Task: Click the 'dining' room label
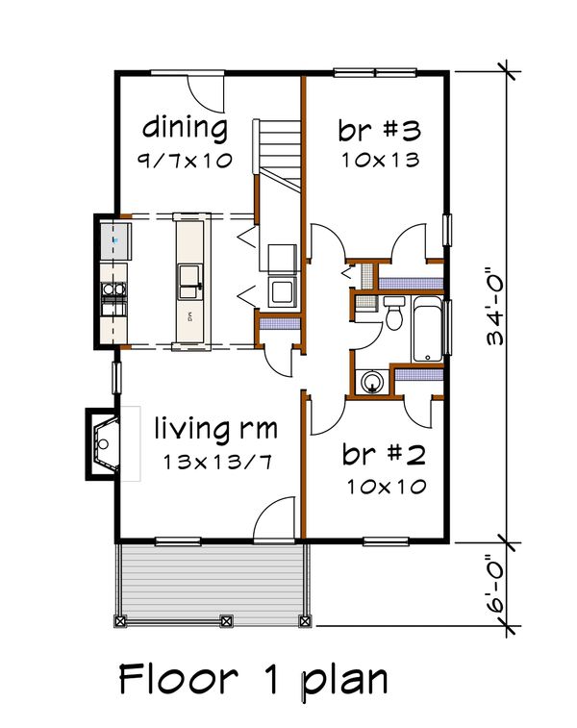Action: (x=185, y=128)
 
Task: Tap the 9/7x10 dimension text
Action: (x=185, y=161)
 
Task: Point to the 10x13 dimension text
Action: (x=381, y=161)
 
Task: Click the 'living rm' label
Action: (x=215, y=429)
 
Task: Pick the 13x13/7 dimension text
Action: (x=217, y=463)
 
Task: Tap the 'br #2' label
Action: (x=384, y=454)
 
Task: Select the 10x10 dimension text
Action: (x=387, y=487)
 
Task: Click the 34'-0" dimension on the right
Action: (x=495, y=307)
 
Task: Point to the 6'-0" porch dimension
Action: (x=495, y=584)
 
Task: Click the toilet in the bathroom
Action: (x=394, y=313)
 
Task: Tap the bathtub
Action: (x=428, y=329)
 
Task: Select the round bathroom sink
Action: (x=372, y=382)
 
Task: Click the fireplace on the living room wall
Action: (x=103, y=444)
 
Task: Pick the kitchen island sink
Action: (x=189, y=282)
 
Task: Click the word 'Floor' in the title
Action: (x=179, y=679)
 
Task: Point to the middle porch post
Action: (x=226, y=620)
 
